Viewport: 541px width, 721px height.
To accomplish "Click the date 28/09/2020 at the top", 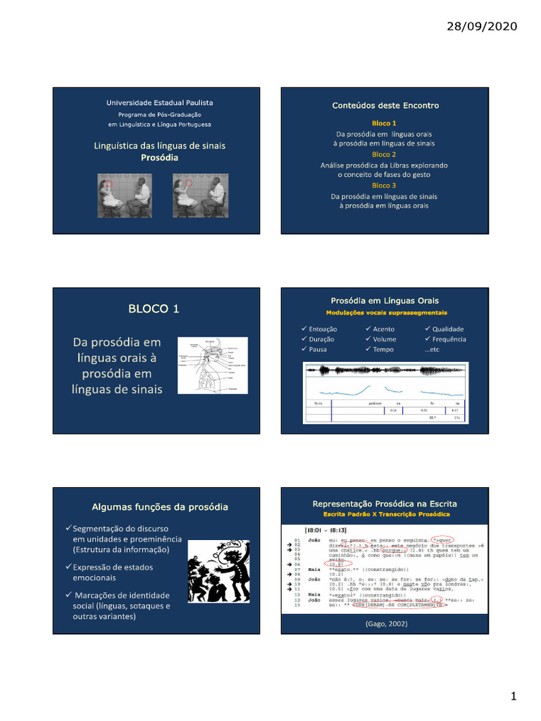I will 483,27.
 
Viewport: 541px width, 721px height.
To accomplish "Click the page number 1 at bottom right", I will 514,696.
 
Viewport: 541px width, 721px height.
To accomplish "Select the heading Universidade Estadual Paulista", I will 159,103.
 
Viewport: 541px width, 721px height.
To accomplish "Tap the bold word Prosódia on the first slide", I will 160,158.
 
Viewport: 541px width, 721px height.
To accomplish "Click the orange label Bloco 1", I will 384,123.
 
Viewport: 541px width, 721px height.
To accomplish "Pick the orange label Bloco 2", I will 384,154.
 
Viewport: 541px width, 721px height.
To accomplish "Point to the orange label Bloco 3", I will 384,185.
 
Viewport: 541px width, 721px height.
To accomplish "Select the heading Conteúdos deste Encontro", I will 385,106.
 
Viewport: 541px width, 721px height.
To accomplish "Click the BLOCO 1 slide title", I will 154,308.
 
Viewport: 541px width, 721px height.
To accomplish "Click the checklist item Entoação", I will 323,329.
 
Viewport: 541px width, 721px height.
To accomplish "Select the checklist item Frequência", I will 449,339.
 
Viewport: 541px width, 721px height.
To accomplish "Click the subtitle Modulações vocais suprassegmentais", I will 385,313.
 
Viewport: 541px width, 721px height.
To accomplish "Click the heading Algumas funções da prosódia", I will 160,507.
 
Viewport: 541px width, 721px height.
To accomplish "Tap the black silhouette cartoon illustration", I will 218,570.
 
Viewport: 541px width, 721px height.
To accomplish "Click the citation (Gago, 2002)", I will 385,623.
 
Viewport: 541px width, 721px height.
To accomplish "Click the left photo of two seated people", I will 123,195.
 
